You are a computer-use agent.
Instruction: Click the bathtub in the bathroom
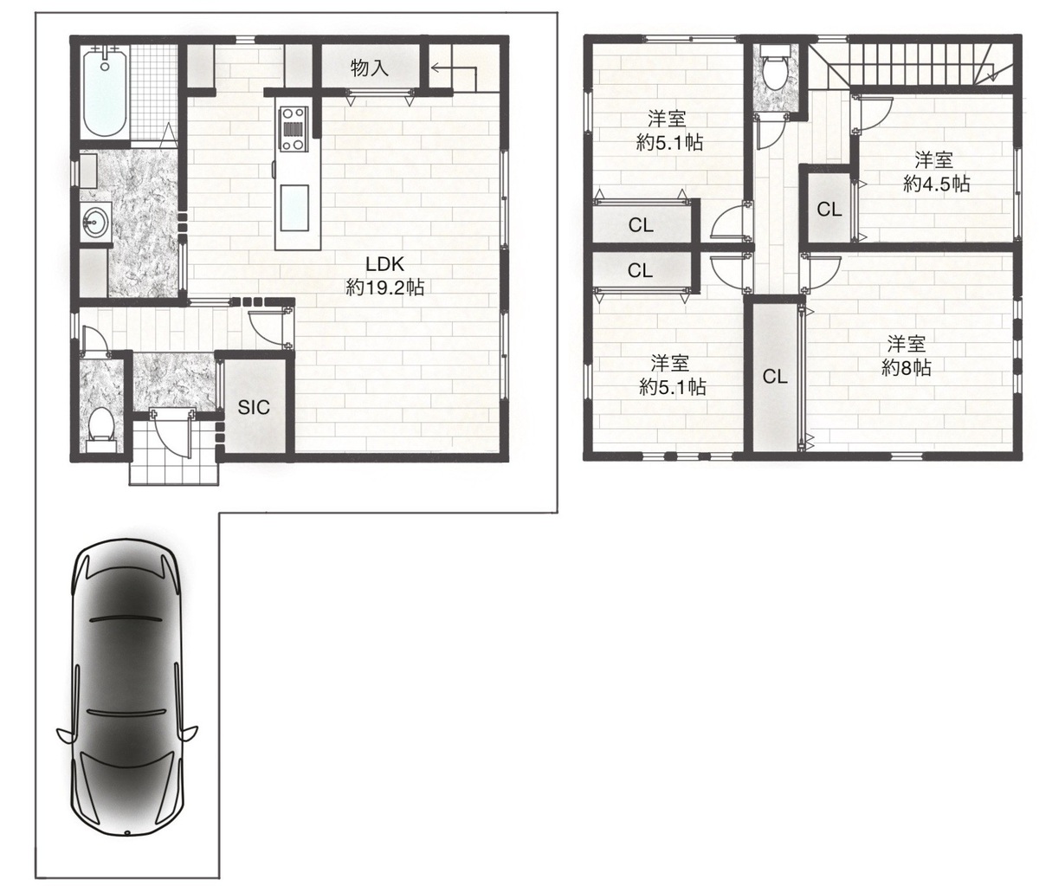[x=105, y=92]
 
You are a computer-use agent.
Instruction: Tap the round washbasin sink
[x=95, y=220]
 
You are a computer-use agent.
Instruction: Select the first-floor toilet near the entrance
[x=102, y=429]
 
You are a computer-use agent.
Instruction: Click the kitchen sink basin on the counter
[x=294, y=208]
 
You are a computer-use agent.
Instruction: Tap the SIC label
[x=254, y=407]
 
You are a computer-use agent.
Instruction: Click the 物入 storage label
[x=370, y=68]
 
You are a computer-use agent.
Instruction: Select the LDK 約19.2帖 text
[x=385, y=275]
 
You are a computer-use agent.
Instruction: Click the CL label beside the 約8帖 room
[x=775, y=377]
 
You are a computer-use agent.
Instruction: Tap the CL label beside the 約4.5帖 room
[x=829, y=210]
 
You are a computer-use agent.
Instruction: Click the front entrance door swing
[x=172, y=433]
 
